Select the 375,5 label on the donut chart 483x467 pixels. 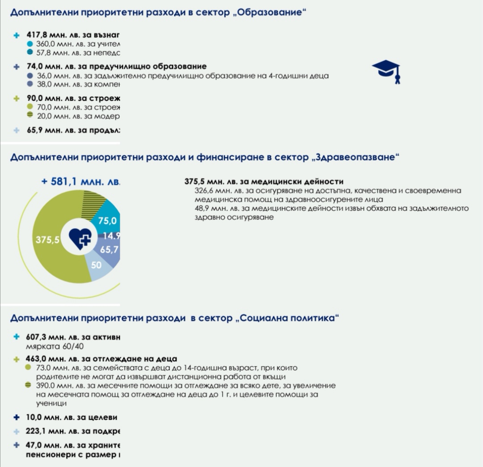(48, 240)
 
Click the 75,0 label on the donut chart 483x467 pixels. (107, 221)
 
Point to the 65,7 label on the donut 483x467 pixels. (109, 250)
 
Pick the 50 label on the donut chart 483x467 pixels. (96, 265)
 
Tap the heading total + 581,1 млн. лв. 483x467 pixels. (80, 181)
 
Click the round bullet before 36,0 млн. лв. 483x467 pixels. (30, 76)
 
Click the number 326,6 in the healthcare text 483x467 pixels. (203, 191)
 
